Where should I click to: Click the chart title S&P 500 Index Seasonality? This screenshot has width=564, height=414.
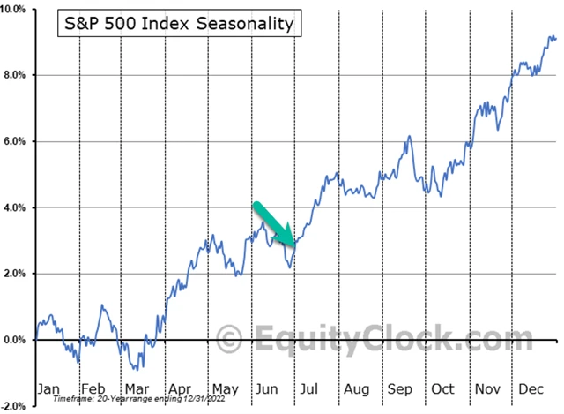[x=180, y=24]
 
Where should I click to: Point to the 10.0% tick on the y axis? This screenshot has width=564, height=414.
[x=18, y=9]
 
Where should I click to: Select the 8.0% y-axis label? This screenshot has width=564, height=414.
[x=19, y=75]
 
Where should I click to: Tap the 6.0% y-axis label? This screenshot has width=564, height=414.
[x=19, y=141]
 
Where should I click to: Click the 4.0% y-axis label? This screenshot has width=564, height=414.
[x=19, y=207]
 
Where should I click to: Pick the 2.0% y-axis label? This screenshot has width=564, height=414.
[x=19, y=274]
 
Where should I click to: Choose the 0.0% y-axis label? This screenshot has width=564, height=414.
[x=19, y=340]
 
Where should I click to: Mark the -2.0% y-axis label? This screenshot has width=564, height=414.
[x=18, y=406]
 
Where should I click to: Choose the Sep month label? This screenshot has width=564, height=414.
[x=399, y=388]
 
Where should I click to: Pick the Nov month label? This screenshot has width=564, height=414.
[x=486, y=388]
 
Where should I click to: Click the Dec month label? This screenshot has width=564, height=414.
[x=531, y=388]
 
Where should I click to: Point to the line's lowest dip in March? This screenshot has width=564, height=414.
[x=139, y=368]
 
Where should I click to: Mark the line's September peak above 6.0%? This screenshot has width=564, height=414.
[x=410, y=137]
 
